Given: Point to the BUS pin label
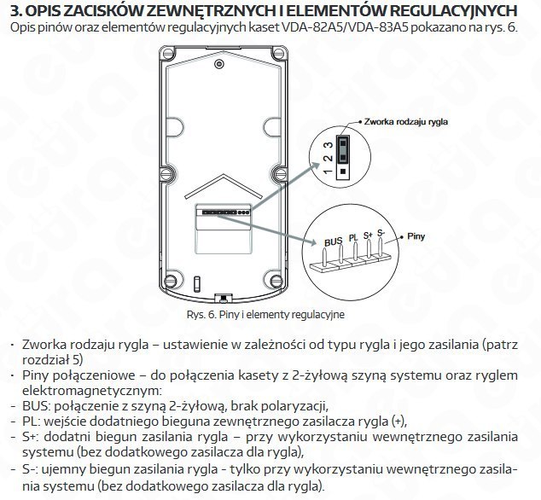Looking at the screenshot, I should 333,241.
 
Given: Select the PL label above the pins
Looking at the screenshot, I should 352,236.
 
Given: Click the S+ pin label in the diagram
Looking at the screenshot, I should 368,233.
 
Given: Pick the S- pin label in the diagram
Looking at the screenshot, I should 381,231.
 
